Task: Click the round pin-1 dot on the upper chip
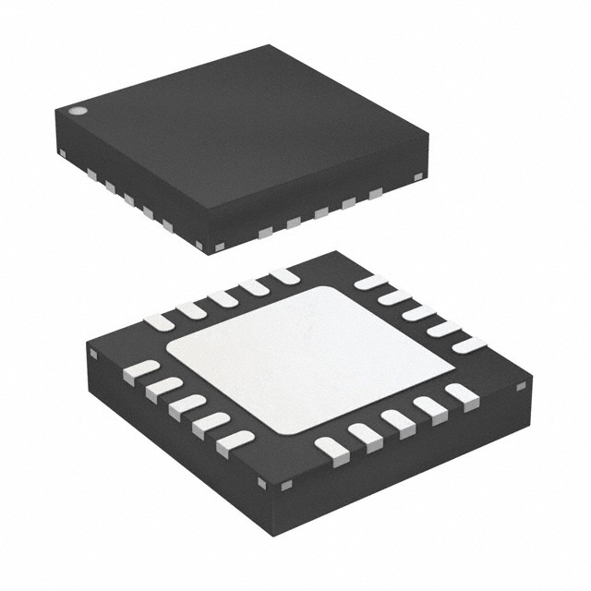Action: pos(78,112)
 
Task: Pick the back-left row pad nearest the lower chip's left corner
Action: pos(160,321)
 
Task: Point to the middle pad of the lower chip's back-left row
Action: pos(223,298)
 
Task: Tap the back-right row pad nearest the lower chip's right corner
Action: pos(468,344)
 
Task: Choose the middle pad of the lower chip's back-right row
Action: pos(418,312)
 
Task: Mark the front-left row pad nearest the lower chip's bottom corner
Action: pos(235,442)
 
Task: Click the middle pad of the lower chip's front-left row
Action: pos(187,405)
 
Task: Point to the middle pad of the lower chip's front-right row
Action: pos(398,420)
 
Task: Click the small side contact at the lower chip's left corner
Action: pos(93,352)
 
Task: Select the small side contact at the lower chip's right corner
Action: pos(522,382)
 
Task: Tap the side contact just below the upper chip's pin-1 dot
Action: pos(62,151)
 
